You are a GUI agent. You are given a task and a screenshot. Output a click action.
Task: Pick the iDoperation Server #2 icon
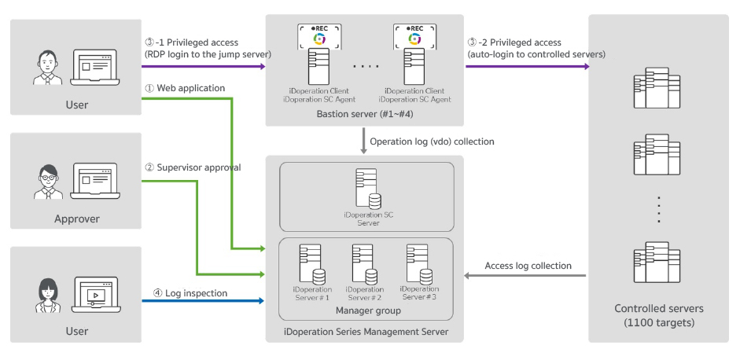pyautogui.click(x=365, y=264)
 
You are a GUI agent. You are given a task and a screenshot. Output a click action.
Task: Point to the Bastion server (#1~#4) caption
pyautogui.click(x=365, y=114)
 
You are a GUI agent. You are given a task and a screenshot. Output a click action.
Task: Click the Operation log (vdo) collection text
pyautogui.click(x=432, y=141)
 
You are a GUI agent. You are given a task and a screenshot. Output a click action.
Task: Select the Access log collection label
pyautogui.click(x=528, y=266)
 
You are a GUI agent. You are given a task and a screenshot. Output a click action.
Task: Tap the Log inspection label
pyautogui.click(x=190, y=293)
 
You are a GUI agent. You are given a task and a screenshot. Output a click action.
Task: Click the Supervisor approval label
pyautogui.click(x=193, y=167)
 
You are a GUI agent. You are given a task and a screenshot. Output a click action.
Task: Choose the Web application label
pyautogui.click(x=185, y=88)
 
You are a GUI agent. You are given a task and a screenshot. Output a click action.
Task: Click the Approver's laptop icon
pyautogui.click(x=95, y=182)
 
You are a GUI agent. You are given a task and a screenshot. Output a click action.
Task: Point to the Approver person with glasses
pyautogui.click(x=48, y=182)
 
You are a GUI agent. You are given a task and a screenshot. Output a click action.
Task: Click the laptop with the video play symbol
pyautogui.click(x=96, y=295)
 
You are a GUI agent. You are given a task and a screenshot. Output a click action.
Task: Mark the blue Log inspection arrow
pyautogui.click(x=203, y=300)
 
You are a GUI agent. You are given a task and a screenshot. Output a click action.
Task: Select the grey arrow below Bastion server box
pyautogui.click(x=363, y=141)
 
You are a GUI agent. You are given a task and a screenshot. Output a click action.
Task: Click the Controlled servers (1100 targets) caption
pyautogui.click(x=659, y=316)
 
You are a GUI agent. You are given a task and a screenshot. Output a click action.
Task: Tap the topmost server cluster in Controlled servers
pyautogui.click(x=657, y=88)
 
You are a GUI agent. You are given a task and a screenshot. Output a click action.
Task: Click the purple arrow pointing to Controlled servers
pyautogui.click(x=528, y=67)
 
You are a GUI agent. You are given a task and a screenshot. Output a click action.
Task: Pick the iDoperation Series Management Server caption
pyautogui.click(x=366, y=332)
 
